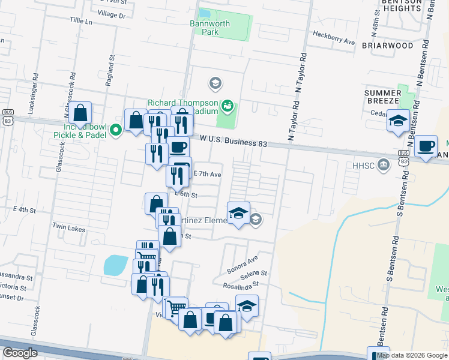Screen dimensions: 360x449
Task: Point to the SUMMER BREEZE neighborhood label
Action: [x=383, y=97]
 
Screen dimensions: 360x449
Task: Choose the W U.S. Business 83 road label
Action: [x=234, y=141]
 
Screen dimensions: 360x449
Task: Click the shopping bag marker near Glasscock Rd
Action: [x=80, y=113]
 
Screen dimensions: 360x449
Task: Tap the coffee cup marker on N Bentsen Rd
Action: [x=426, y=146]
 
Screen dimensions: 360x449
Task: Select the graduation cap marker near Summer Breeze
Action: [x=398, y=121]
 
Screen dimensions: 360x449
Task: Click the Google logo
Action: [x=20, y=353]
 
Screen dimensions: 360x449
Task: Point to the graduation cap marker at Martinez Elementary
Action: [x=238, y=214]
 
